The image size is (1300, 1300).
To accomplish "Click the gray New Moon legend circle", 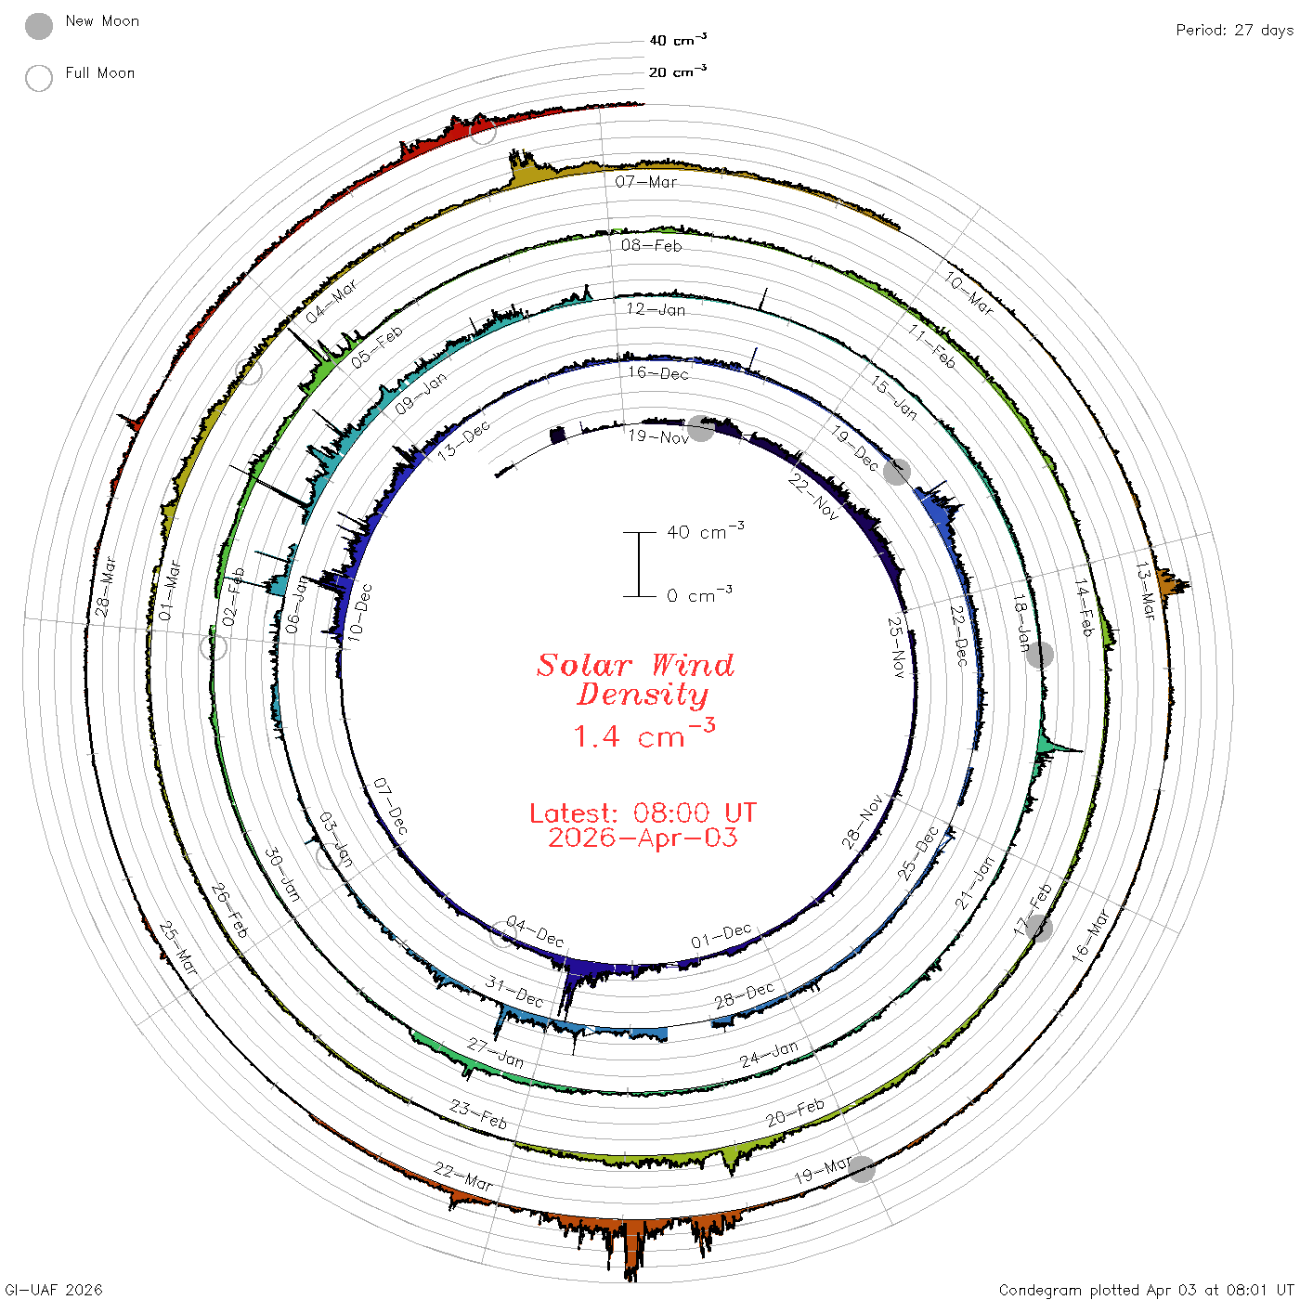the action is click(39, 26).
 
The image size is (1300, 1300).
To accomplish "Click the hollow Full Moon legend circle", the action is click(39, 78).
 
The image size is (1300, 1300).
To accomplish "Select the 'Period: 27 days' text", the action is click(1234, 31).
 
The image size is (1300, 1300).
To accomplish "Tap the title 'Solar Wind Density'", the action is click(635, 680).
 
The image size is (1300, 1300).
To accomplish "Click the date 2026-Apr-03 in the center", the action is click(643, 838).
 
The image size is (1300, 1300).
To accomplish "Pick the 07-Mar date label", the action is click(645, 181).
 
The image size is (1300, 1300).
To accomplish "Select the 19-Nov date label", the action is click(658, 436).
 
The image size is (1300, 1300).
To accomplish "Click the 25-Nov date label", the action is click(897, 647).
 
